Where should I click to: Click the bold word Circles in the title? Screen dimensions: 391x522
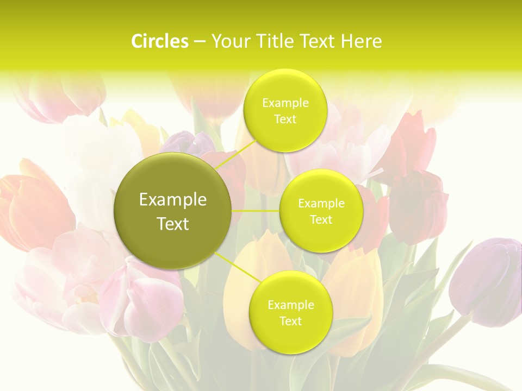coord(159,41)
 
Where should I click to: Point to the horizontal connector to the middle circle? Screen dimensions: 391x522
coord(256,211)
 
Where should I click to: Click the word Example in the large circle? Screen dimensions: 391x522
coord(173,200)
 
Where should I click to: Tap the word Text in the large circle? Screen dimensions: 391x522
coord(173,224)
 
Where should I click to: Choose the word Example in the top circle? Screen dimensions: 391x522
coord(285,103)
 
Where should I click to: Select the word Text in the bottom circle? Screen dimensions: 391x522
coord(290,321)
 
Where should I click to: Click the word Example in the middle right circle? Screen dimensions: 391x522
coord(321,204)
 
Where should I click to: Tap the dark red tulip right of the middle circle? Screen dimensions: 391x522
coord(419,206)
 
